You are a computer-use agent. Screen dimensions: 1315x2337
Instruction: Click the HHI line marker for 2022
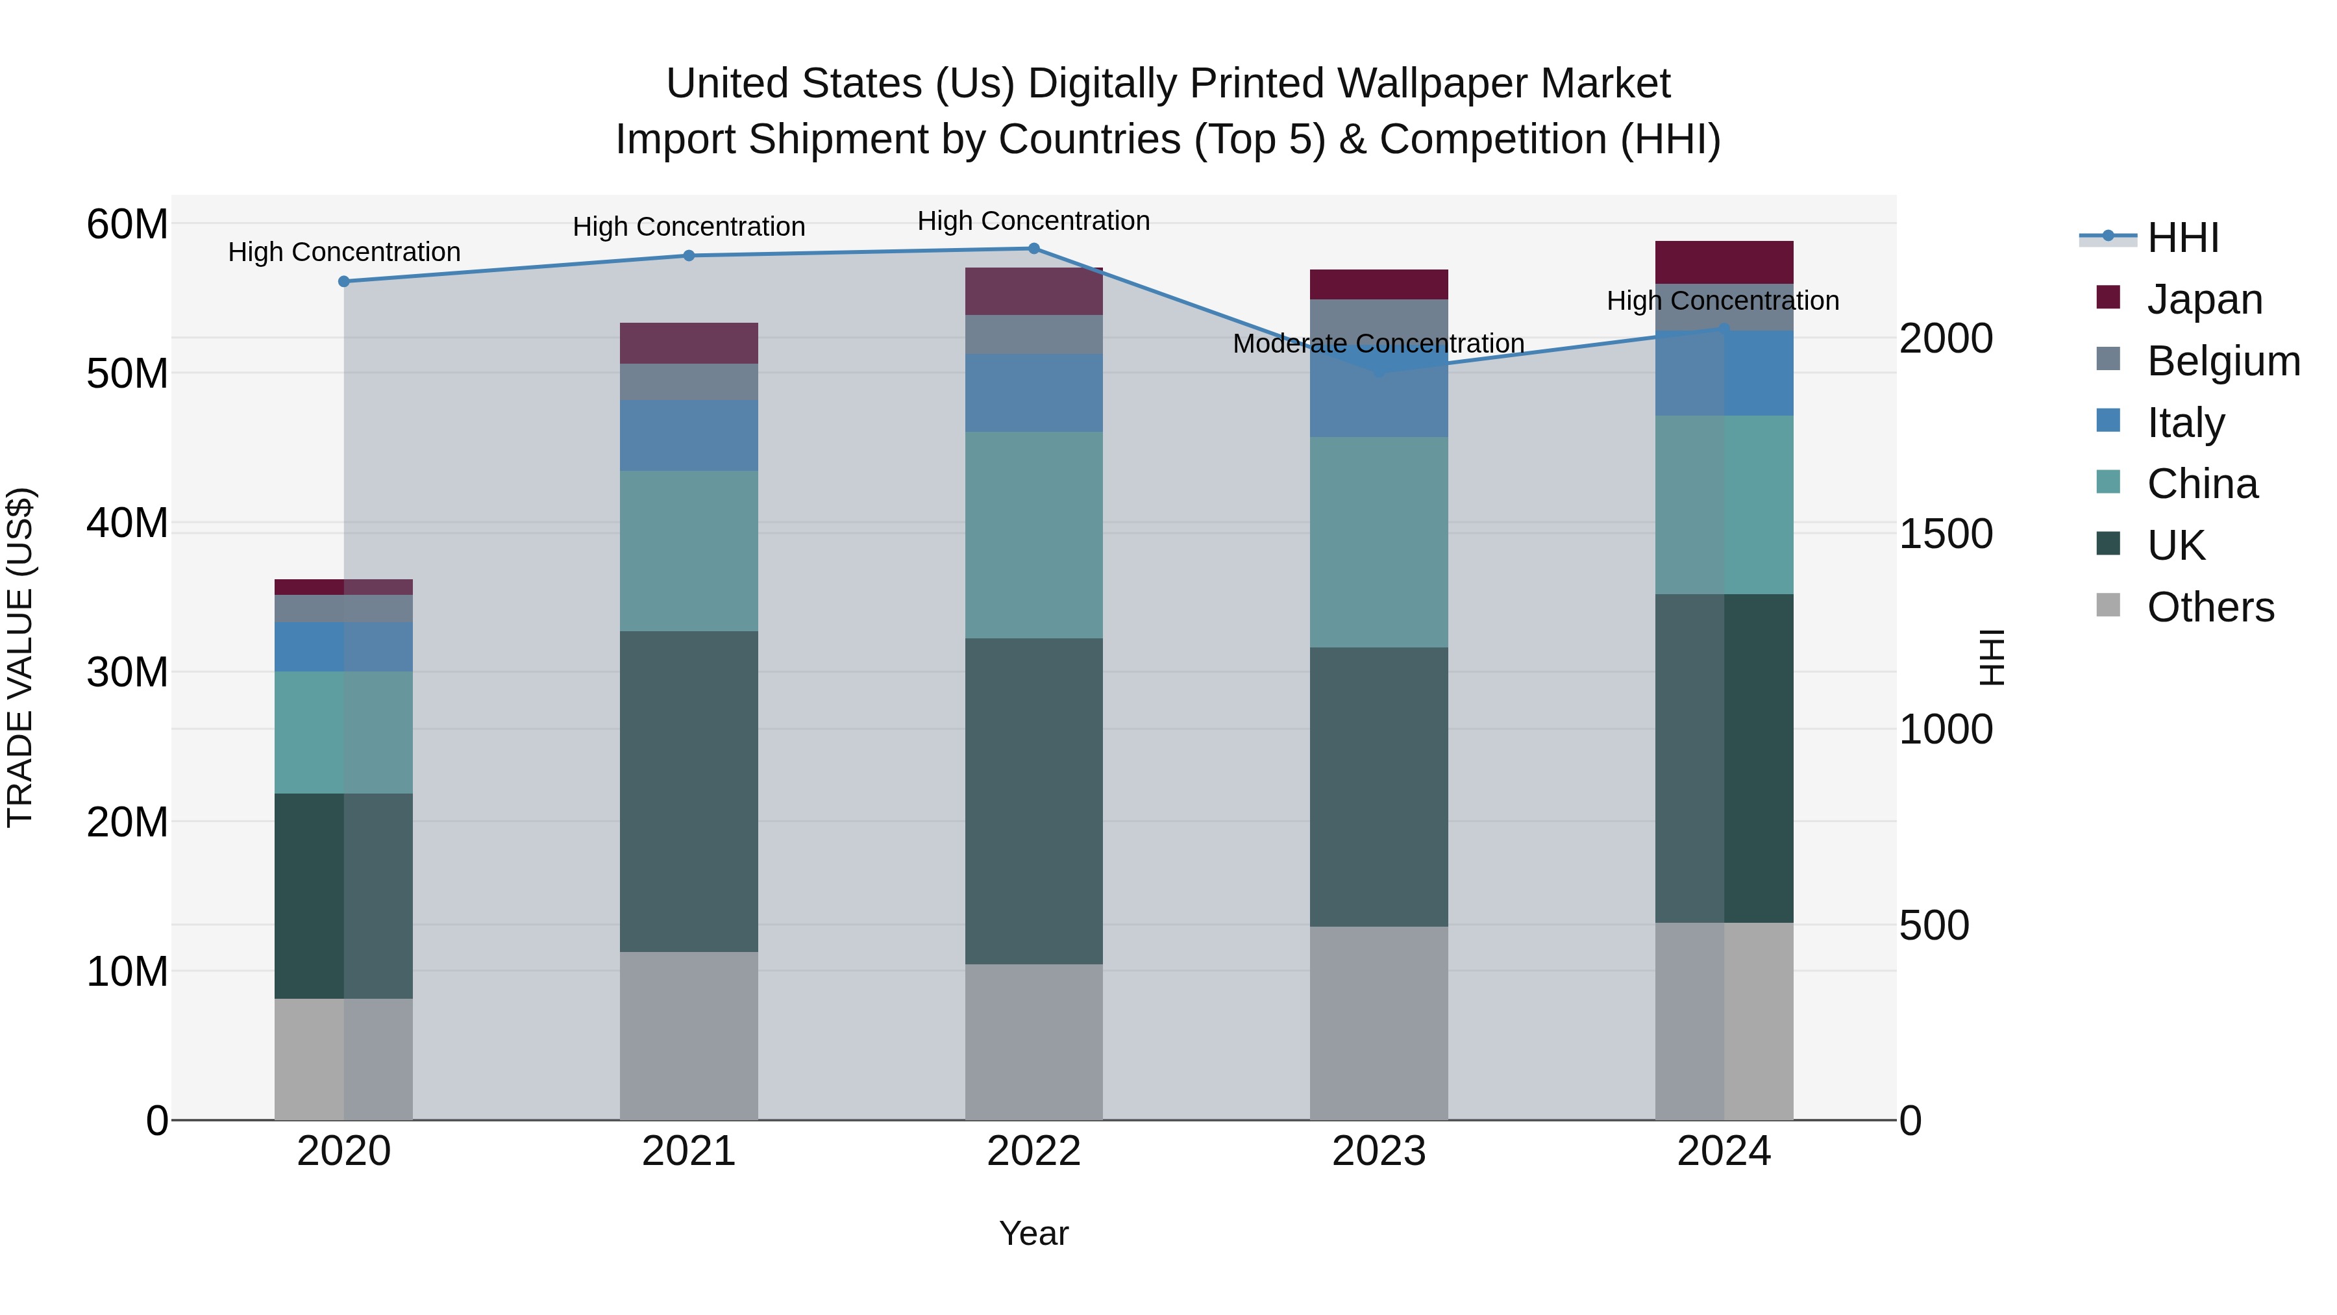(x=1033, y=249)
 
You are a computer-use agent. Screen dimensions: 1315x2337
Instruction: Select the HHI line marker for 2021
(x=689, y=256)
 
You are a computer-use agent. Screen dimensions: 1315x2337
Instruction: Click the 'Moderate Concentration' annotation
(x=1378, y=344)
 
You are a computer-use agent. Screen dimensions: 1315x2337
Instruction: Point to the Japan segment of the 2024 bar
(x=1724, y=262)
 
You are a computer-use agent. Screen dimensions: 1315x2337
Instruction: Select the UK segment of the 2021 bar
(x=689, y=792)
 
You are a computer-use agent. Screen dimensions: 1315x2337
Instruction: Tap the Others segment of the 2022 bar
(x=1033, y=1042)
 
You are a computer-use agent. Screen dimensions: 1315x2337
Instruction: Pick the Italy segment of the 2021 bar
(x=689, y=436)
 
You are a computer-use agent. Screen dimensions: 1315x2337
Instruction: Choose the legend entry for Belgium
(x=2223, y=361)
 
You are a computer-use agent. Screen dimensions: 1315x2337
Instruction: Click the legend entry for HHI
(x=2182, y=238)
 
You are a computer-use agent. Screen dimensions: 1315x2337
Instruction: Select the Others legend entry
(x=2210, y=607)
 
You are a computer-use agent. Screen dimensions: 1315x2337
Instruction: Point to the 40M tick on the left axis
(x=127, y=523)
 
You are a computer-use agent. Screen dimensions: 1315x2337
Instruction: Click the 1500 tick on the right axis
(x=1946, y=534)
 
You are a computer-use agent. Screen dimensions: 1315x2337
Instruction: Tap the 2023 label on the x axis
(x=1378, y=1151)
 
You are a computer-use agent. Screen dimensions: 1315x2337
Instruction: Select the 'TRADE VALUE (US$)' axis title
(x=20, y=657)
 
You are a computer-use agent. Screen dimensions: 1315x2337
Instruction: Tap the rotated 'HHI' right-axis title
(x=1992, y=657)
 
